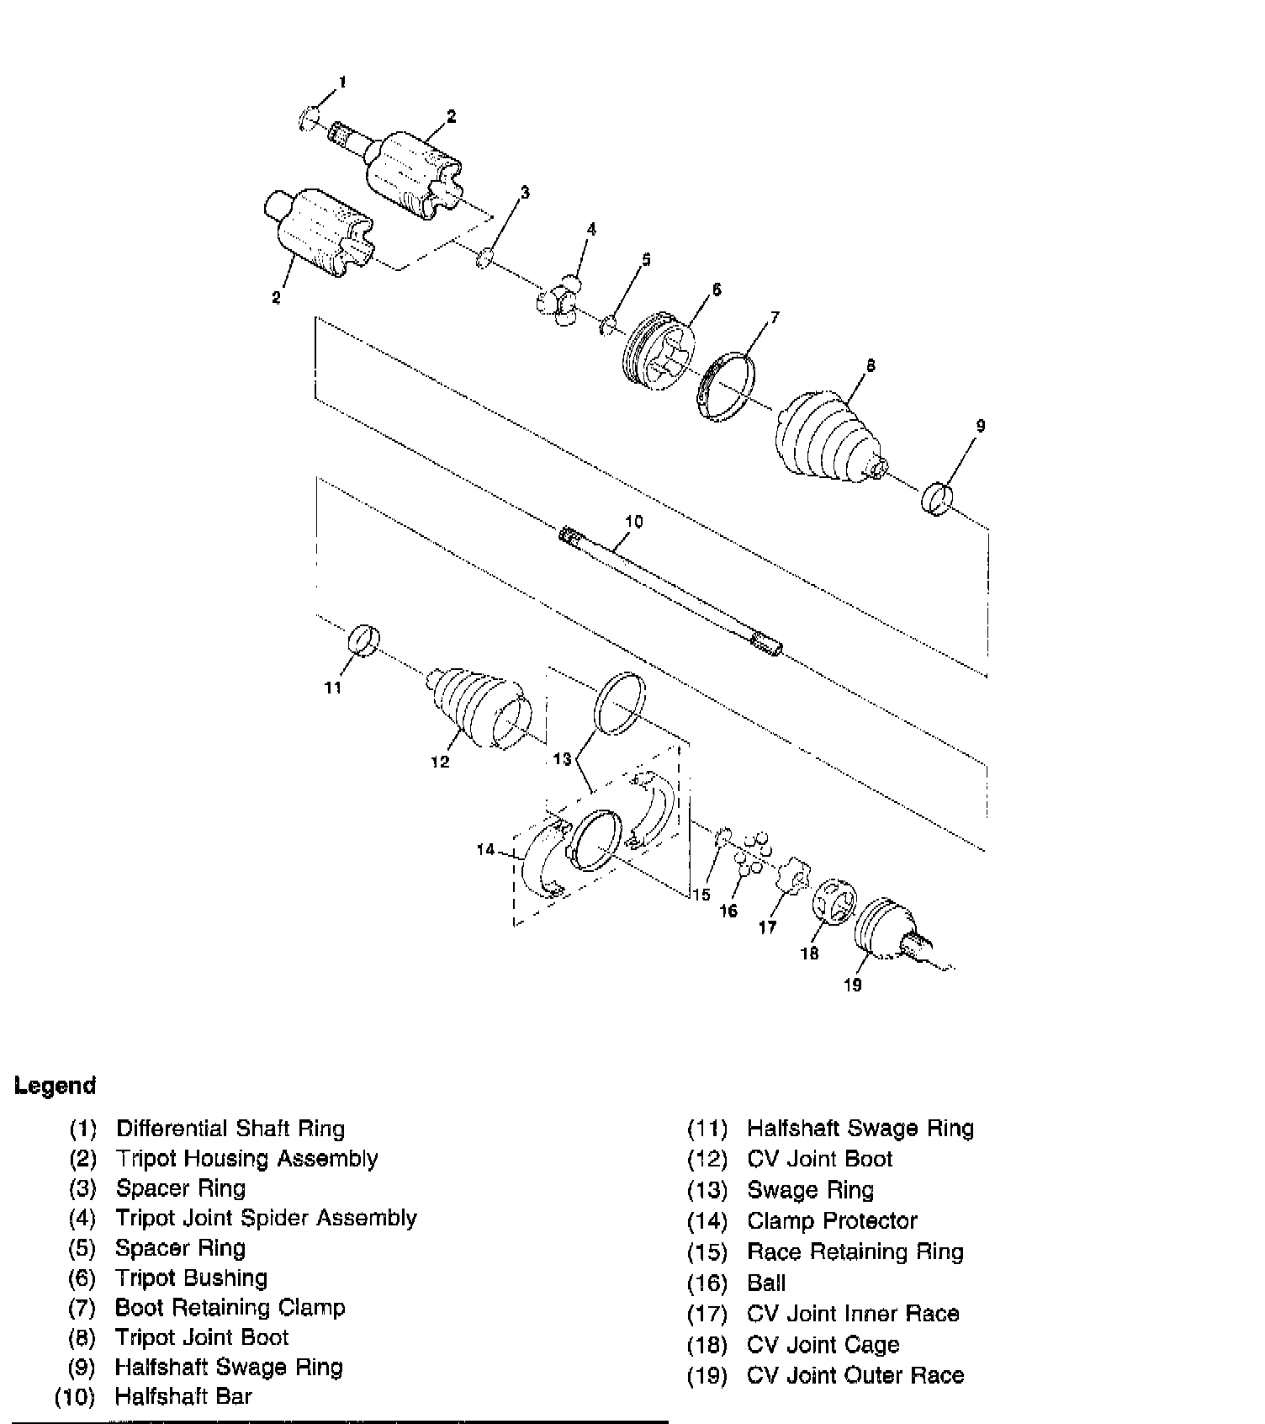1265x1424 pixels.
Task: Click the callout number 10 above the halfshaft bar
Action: point(633,522)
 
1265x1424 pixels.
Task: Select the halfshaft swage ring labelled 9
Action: point(937,498)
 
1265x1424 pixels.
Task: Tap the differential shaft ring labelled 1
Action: point(310,119)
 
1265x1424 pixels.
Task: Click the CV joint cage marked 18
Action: point(834,908)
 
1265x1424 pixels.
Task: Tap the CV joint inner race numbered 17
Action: point(793,878)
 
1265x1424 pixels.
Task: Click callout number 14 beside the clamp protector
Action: point(486,850)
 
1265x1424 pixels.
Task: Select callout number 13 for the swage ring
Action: point(562,759)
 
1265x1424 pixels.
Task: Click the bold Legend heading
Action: point(56,1086)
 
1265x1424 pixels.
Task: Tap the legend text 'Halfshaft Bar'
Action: point(183,1396)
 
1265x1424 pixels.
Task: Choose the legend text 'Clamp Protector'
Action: point(832,1220)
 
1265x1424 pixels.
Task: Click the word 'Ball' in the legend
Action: point(766,1283)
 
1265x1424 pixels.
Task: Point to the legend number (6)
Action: point(82,1278)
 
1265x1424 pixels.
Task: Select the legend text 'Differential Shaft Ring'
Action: point(230,1129)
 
